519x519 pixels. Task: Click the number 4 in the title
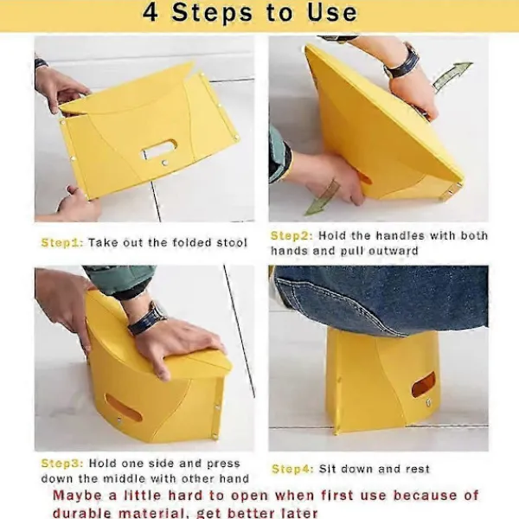150,13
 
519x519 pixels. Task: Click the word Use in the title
332,13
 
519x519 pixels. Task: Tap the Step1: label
62,242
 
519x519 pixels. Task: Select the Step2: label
292,236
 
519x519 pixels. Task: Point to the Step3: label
62,464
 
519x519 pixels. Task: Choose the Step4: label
292,469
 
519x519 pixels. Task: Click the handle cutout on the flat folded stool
159,150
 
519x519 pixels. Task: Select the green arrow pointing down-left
322,198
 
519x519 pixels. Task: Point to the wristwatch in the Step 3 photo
147,318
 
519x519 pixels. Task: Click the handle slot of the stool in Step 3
124,407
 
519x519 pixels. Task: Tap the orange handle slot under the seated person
423,385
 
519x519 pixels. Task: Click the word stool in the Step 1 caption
232,242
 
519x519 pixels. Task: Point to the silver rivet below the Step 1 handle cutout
163,163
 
